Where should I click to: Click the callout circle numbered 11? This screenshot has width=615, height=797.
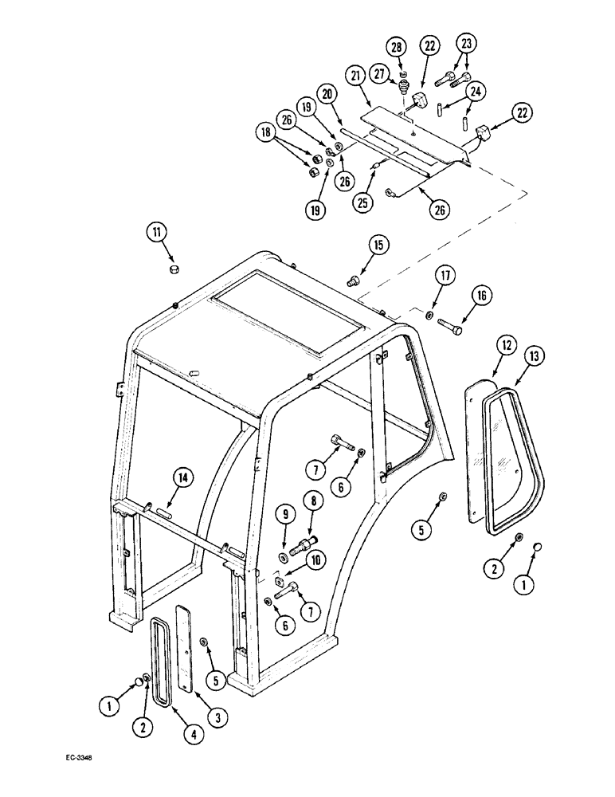(157, 234)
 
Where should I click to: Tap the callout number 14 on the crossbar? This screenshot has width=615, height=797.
(183, 478)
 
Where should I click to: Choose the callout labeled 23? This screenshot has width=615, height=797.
(467, 44)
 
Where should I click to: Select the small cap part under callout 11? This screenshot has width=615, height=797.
(173, 272)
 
